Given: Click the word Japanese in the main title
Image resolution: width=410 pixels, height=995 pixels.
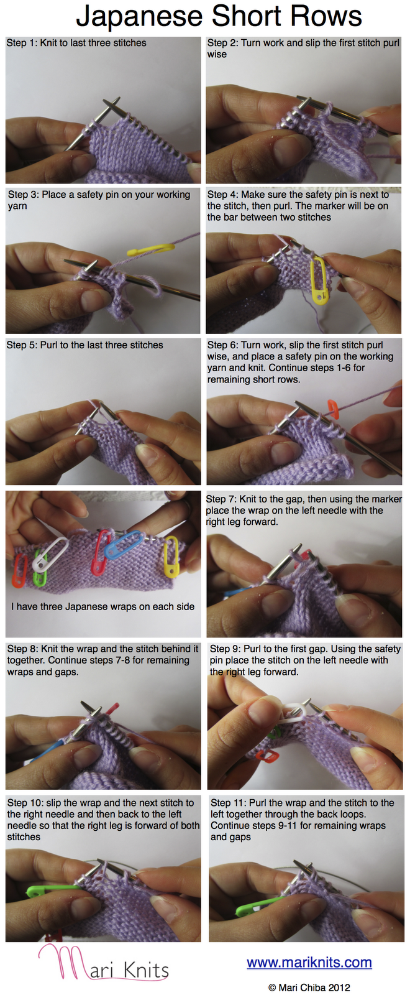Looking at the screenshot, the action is (x=139, y=17).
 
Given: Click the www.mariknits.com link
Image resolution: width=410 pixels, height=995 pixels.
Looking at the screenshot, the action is (x=309, y=962).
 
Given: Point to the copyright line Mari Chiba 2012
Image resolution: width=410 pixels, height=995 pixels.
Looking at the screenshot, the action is (x=309, y=987).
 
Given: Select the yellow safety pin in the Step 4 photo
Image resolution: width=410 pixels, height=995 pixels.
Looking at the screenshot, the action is (x=318, y=280).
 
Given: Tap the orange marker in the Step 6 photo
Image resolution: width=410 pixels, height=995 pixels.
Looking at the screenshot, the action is (x=333, y=409).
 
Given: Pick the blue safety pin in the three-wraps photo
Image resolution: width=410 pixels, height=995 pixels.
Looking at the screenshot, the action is (x=124, y=544).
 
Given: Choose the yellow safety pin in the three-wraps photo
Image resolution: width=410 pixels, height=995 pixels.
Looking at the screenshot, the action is (x=171, y=557).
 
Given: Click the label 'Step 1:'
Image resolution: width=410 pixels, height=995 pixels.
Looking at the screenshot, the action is (x=22, y=43).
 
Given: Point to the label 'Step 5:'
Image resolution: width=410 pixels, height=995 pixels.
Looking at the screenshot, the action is (x=22, y=345).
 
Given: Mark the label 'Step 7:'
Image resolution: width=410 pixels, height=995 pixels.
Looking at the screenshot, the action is (x=222, y=499).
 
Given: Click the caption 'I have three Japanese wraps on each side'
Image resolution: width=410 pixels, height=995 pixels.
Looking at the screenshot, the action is (x=103, y=607).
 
